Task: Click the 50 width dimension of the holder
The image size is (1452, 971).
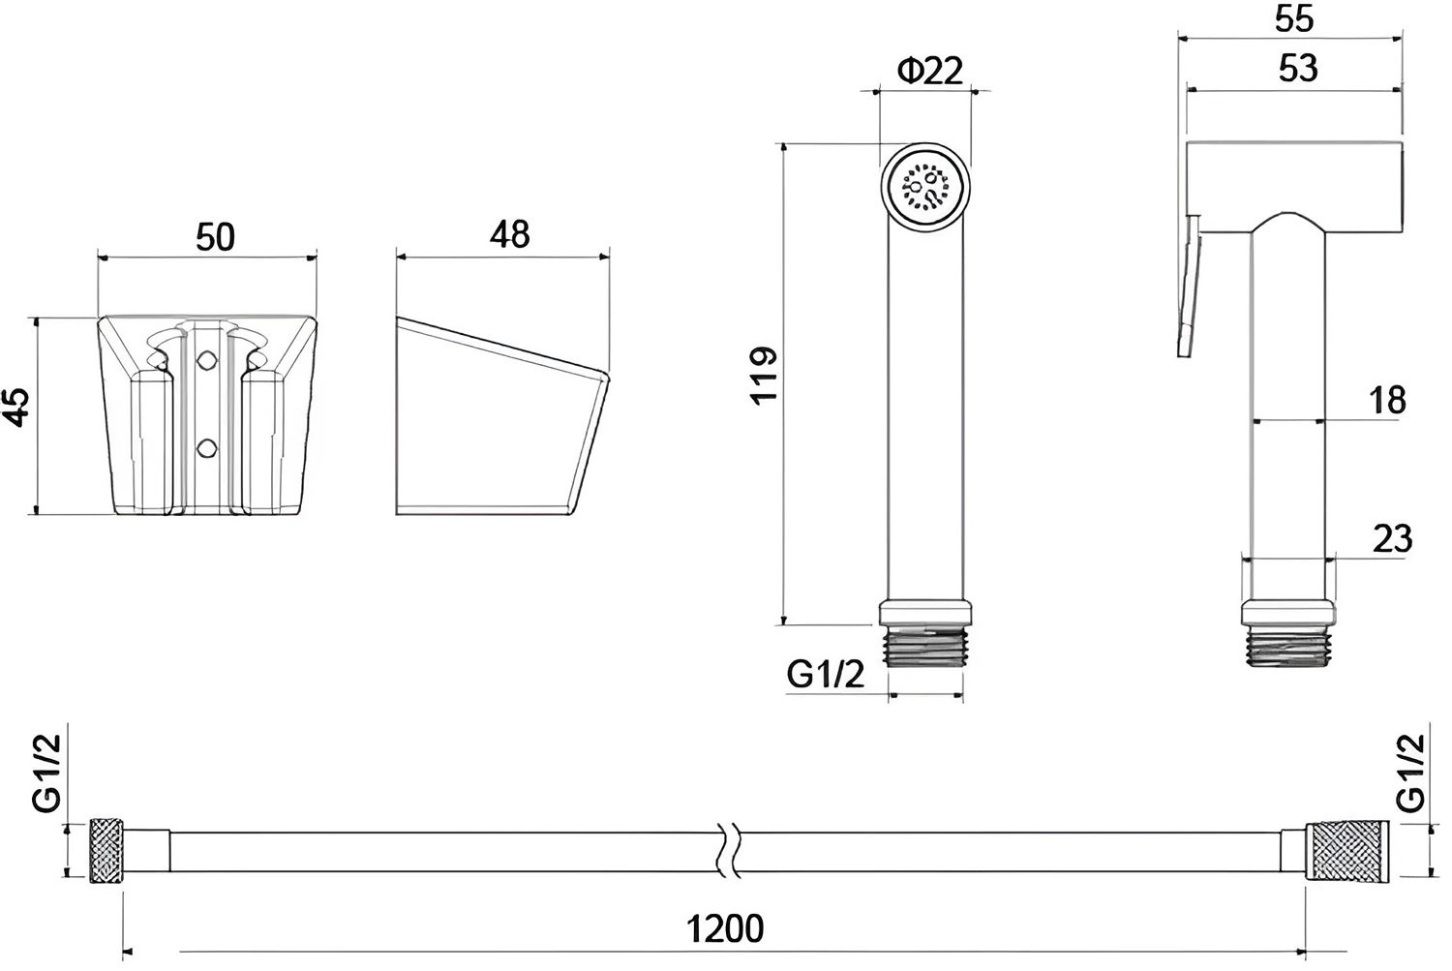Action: (x=215, y=237)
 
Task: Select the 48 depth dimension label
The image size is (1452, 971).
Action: (x=509, y=234)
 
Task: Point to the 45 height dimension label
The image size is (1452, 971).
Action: (x=17, y=407)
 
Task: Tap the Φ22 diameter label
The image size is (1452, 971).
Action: (x=930, y=72)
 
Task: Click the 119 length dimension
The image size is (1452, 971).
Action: (x=764, y=376)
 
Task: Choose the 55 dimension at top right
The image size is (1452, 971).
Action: (x=1294, y=18)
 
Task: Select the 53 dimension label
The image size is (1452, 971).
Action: (x=1298, y=68)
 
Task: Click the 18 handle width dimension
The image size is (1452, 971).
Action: (x=1388, y=401)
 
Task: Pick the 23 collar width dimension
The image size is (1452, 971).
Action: (x=1392, y=539)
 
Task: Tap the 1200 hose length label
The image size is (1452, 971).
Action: (x=725, y=929)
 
